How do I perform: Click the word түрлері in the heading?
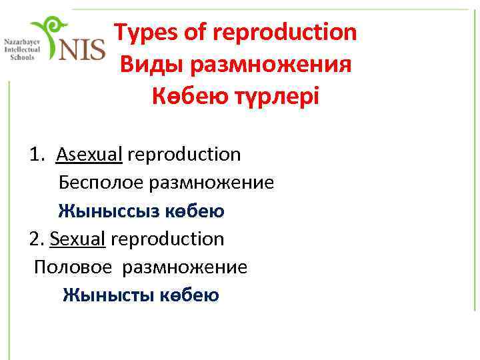(276, 97)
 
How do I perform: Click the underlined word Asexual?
(89, 155)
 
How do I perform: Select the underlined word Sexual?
(78, 239)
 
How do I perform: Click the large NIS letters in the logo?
(83, 49)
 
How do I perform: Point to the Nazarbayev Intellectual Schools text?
(21, 49)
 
